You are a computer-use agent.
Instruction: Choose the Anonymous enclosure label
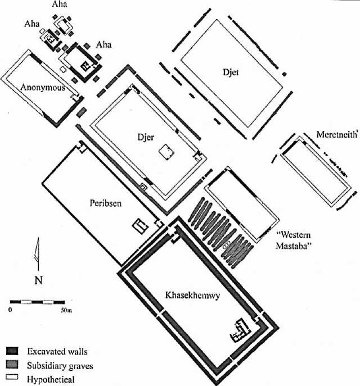point(42,87)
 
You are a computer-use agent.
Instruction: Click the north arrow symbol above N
point(37,252)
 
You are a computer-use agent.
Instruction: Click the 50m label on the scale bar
point(66,310)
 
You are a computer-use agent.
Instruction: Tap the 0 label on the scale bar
point(10,310)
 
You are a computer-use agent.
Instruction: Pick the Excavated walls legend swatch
point(13,351)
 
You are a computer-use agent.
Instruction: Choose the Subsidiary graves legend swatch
point(13,365)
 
